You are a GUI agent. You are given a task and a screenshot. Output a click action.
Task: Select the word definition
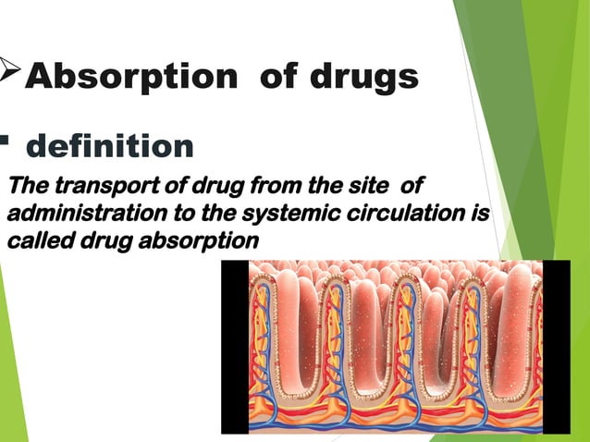(x=110, y=146)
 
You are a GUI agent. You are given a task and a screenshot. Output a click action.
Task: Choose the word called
(x=33, y=241)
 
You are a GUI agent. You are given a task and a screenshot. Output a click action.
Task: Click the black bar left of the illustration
(x=234, y=346)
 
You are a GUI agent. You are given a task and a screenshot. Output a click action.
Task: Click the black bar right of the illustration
(x=556, y=346)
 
